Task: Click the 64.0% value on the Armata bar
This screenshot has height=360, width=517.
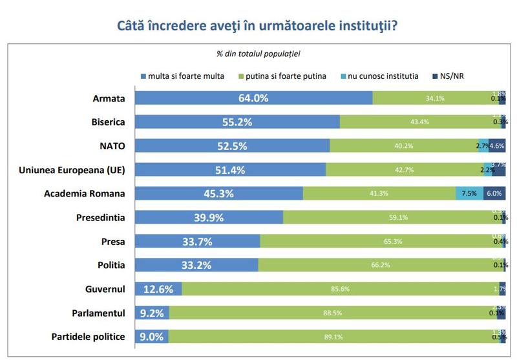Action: pyautogui.click(x=253, y=98)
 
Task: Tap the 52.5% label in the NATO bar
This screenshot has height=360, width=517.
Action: pyautogui.click(x=231, y=146)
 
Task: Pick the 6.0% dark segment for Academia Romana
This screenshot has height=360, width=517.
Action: pyautogui.click(x=494, y=193)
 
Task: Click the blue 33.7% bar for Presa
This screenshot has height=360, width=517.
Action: pyautogui.click(x=198, y=241)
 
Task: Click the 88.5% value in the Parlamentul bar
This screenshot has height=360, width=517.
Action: pyautogui.click(x=333, y=313)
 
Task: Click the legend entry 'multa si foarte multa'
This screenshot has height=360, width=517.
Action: pyautogui.click(x=183, y=76)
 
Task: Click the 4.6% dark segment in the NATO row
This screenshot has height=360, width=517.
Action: pyautogui.click(x=497, y=146)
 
